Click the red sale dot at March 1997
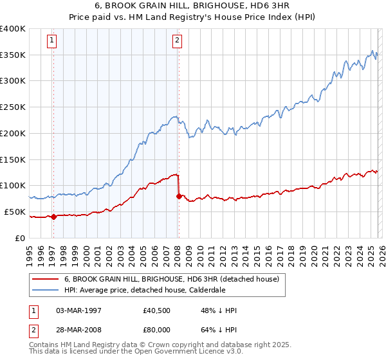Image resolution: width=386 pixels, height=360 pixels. pos(53,217)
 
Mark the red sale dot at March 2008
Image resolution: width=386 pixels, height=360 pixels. pos(179,196)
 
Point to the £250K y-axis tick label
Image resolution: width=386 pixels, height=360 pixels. pos(13,107)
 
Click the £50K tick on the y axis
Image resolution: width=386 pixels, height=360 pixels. pos(15,212)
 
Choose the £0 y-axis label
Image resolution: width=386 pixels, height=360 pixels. pos(21,238)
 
